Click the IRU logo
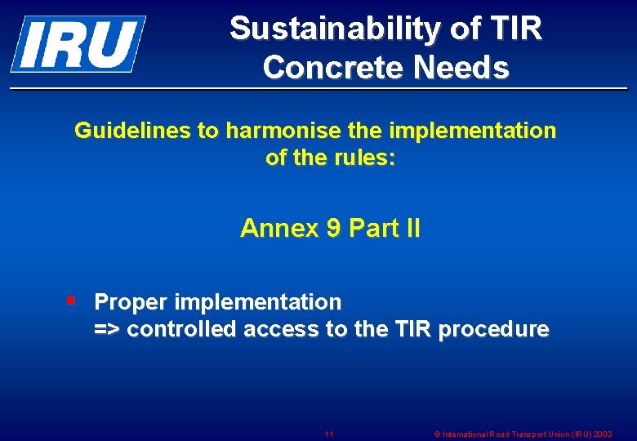[x=78, y=43]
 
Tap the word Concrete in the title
[x=333, y=68]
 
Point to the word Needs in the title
[x=461, y=68]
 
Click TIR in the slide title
[x=517, y=29]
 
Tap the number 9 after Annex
[x=332, y=229]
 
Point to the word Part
[x=372, y=229]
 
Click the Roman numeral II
[x=412, y=229]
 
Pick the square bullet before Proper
[x=71, y=301]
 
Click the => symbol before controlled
[x=108, y=330]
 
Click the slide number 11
[x=329, y=434]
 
